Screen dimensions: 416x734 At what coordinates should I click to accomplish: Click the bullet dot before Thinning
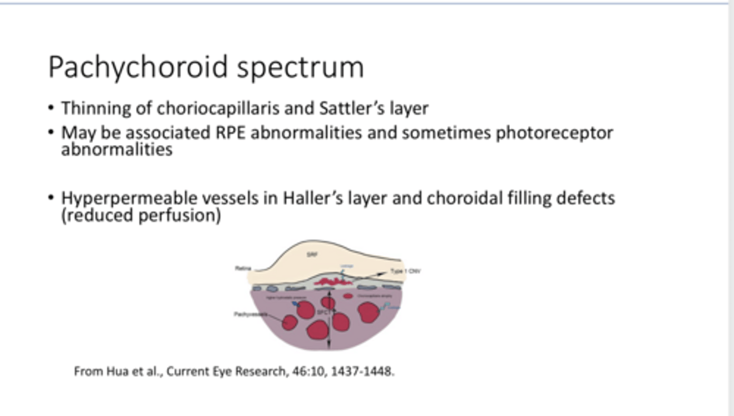(x=51, y=108)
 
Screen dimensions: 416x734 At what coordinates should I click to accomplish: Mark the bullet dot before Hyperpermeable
(x=51, y=197)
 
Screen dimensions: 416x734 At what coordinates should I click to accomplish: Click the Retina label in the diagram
(x=242, y=268)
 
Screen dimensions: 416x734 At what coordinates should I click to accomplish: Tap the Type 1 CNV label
(x=405, y=271)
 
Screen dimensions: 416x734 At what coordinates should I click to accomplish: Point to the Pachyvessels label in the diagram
(x=250, y=314)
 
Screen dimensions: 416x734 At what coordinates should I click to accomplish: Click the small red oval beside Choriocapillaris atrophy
(x=348, y=296)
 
